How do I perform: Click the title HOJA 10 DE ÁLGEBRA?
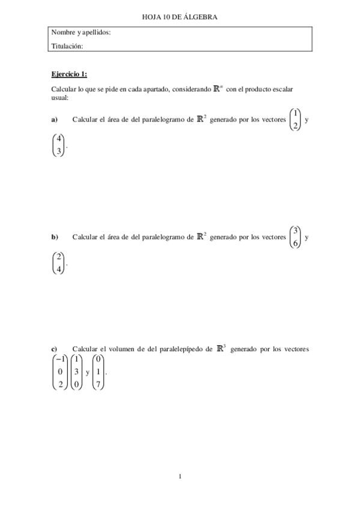click(x=180, y=17)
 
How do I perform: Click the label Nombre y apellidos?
click(x=81, y=32)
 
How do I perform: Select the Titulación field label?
click(x=67, y=45)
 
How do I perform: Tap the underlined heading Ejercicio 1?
click(x=69, y=74)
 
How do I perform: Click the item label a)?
click(x=54, y=120)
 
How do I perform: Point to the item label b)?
click(x=54, y=237)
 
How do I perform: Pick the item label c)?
click(x=54, y=349)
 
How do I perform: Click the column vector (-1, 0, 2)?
click(x=60, y=372)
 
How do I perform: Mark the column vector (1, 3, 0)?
click(x=76, y=372)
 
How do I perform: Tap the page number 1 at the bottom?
click(x=180, y=477)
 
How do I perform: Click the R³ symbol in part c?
click(x=220, y=348)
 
